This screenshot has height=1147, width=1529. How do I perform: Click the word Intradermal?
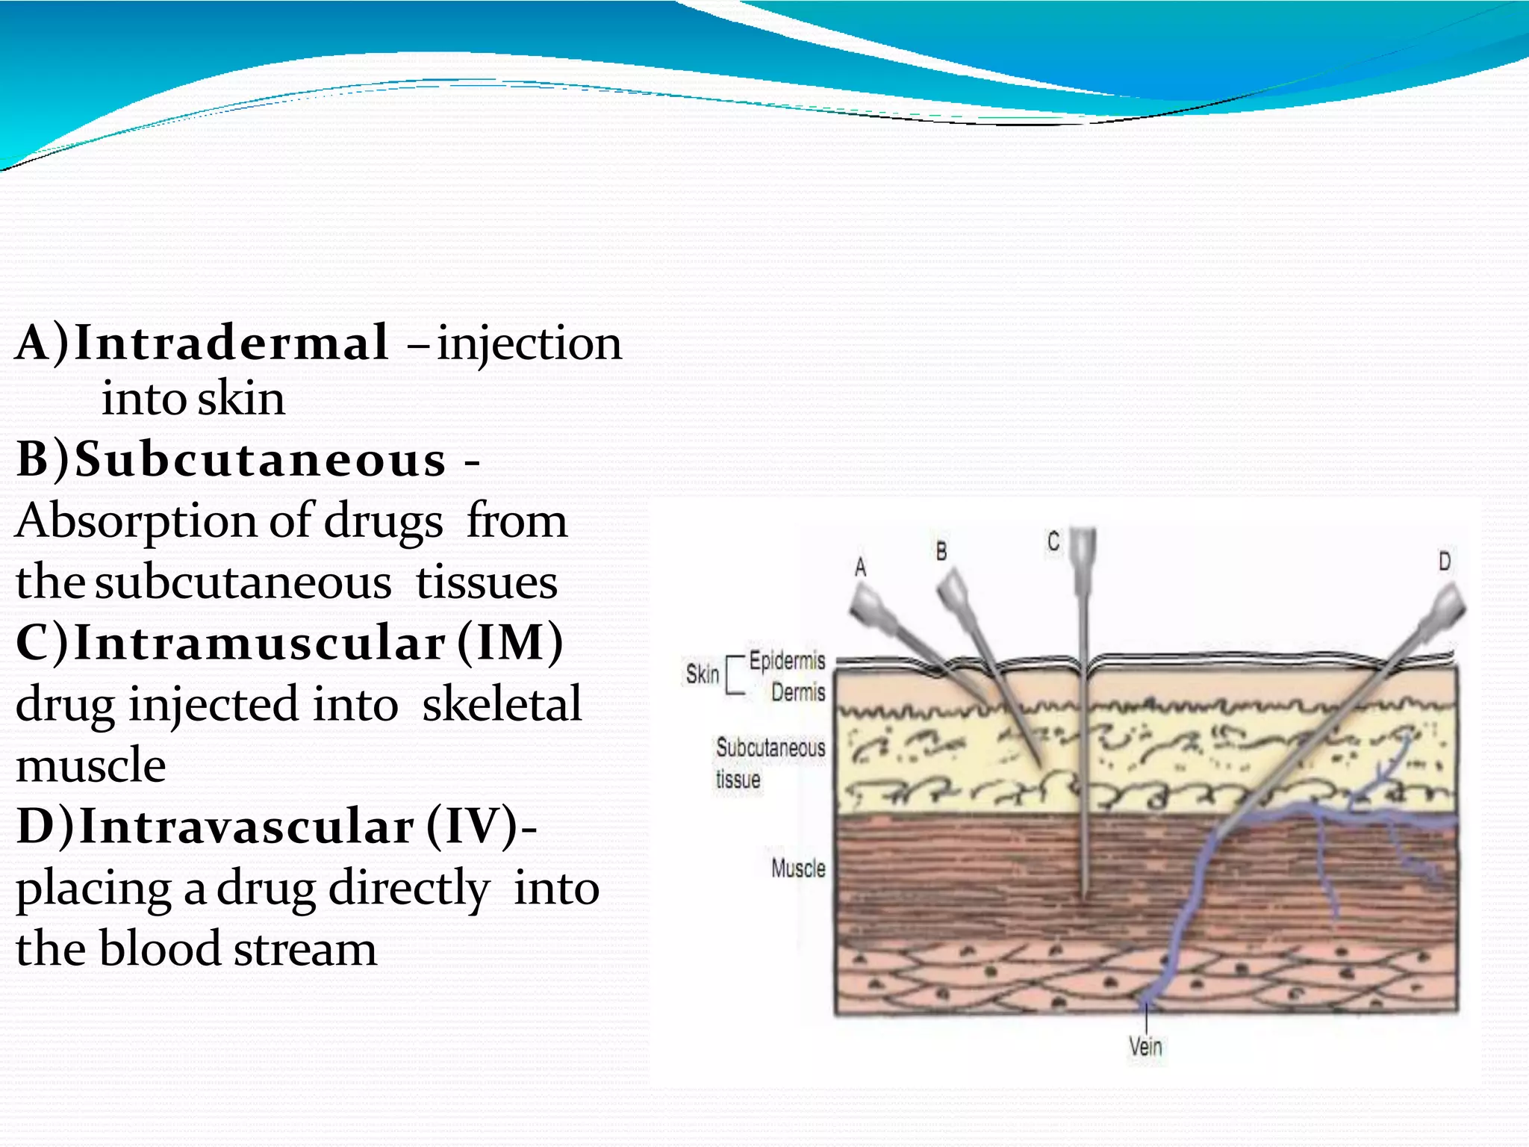coord(231,344)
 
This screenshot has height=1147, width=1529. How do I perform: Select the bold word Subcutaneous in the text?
coord(261,459)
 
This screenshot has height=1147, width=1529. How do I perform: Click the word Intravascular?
coord(246,827)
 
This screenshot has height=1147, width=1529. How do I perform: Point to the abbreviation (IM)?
coord(511,643)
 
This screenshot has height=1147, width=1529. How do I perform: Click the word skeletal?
coord(502,704)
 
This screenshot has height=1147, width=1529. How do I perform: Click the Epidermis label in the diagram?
coord(787,661)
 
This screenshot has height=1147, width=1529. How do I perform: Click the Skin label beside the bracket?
coord(703,674)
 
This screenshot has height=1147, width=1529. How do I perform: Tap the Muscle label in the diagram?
coord(798,868)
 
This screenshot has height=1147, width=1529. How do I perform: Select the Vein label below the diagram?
coord(1145,1046)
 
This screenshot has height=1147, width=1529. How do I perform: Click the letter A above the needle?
coord(861,568)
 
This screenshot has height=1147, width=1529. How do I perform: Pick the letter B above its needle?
coord(941,552)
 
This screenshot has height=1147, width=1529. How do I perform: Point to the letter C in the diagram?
coord(1053,541)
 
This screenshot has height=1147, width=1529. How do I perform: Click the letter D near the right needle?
coord(1445,562)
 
